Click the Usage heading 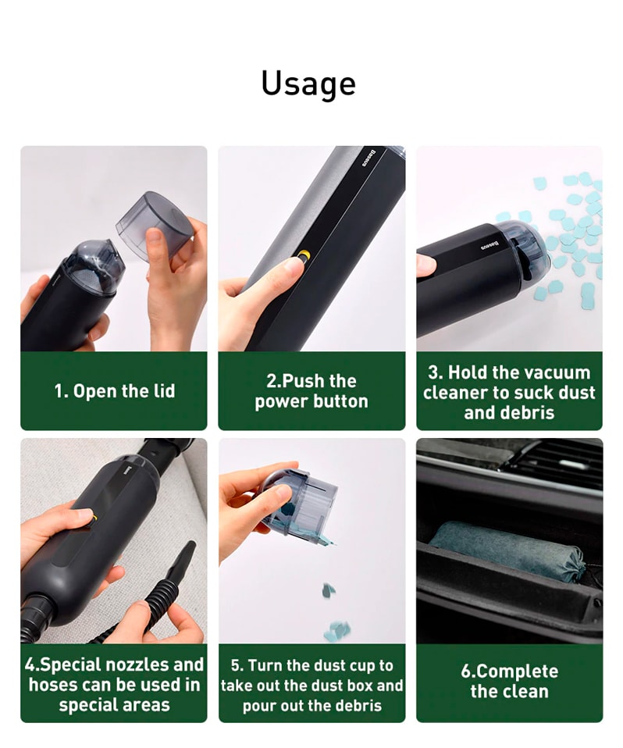point(308,84)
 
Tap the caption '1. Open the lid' point(115,391)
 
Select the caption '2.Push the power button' point(311,391)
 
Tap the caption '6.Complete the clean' point(510,681)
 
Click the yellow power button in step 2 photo point(304,255)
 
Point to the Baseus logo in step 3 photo point(489,246)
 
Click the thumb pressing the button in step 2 point(282,272)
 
